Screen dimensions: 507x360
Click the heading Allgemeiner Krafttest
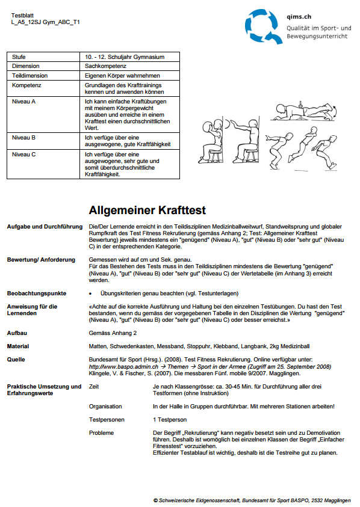[147, 210]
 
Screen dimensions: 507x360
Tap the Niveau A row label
[25, 102]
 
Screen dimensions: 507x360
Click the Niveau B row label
[25, 138]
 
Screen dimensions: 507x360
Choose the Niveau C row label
[25, 155]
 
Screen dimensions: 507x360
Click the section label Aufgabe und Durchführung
[45, 227]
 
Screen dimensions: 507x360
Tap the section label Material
[18, 346]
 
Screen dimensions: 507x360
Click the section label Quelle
[16, 359]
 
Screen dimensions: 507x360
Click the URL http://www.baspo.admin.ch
[123, 366]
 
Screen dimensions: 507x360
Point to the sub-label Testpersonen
[106, 419]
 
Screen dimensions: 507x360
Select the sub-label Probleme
[101, 432]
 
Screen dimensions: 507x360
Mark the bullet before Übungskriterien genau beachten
[90, 293]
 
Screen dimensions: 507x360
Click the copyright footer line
[252, 500]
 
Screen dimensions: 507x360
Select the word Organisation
[105, 407]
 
